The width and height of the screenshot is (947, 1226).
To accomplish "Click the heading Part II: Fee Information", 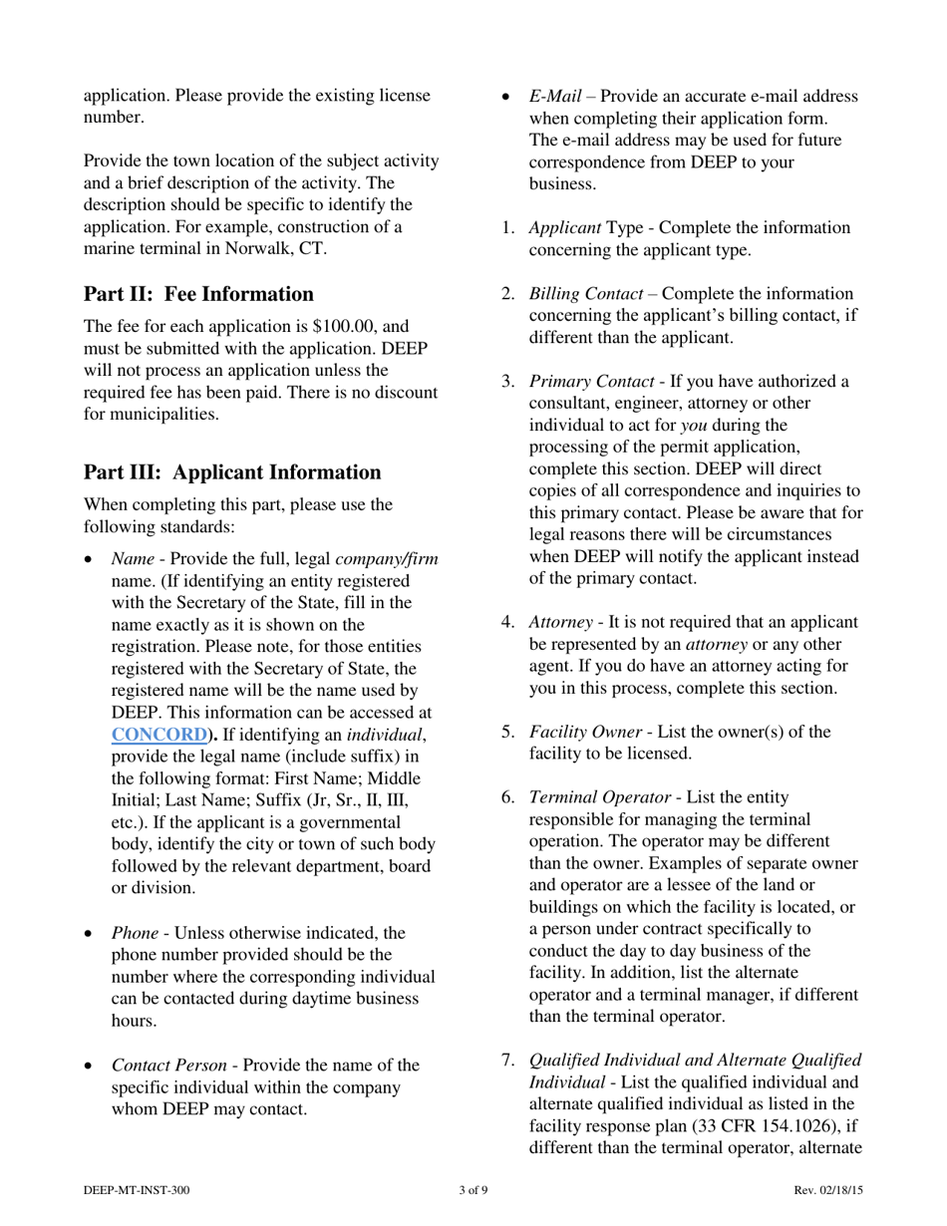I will pos(198,294).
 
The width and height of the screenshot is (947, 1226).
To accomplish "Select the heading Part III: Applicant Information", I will pos(232,472).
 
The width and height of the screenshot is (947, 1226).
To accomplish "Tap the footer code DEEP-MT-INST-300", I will pos(137,1190).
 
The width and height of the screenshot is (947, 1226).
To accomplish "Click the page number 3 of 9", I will pos(473,1190).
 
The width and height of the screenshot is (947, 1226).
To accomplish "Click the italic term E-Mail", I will pos(555,97).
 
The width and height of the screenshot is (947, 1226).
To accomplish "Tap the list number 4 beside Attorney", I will pos(507,623).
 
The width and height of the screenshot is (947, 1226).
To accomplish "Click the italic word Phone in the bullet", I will pos(135,934).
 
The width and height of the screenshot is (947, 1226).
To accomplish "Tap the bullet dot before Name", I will pos(90,560).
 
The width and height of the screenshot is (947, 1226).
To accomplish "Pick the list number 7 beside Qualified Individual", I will pos(507,1061).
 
